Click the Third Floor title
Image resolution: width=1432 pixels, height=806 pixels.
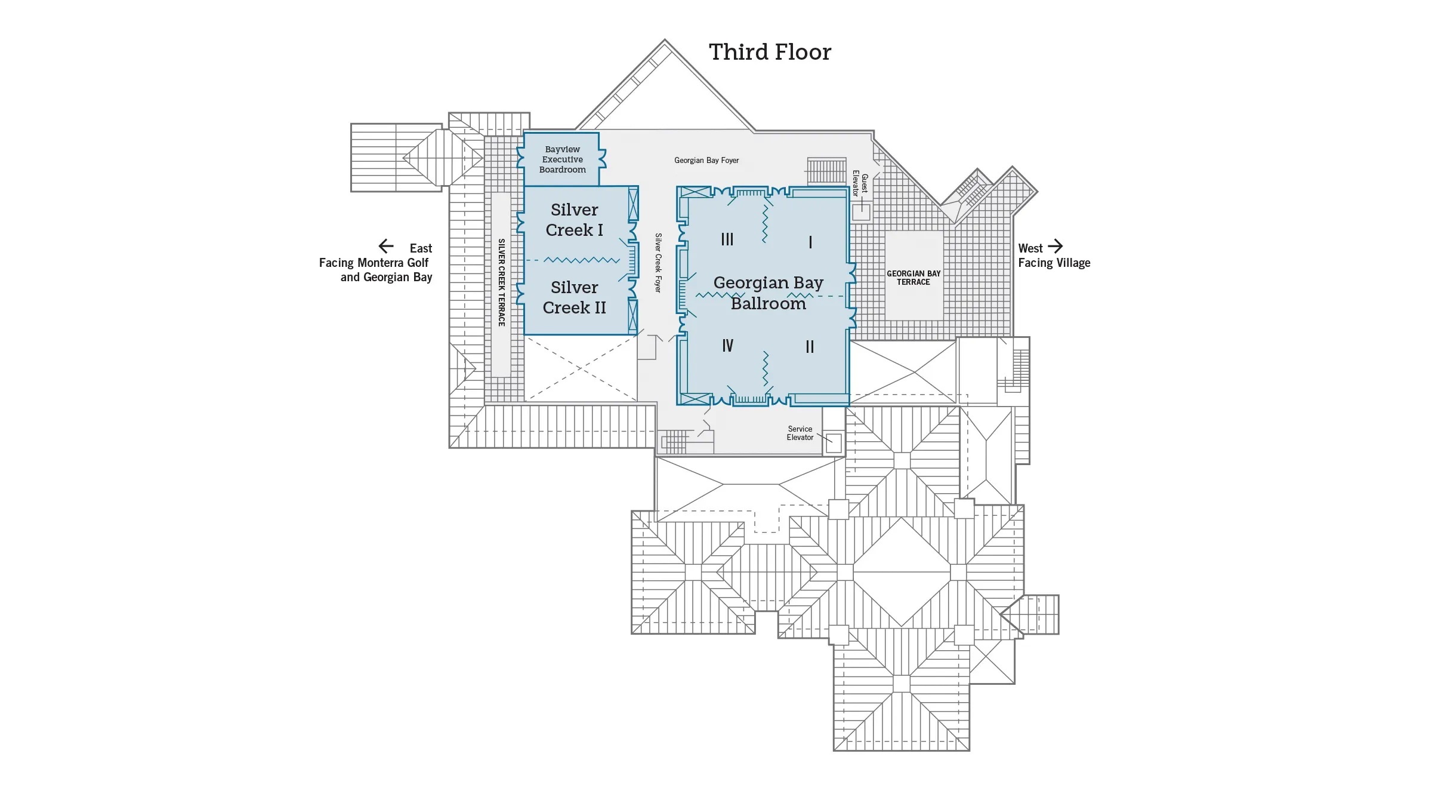coord(770,53)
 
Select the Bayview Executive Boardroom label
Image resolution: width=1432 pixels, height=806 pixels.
coord(562,159)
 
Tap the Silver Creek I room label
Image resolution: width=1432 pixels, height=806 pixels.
coord(574,220)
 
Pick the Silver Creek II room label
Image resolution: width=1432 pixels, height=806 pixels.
coord(574,297)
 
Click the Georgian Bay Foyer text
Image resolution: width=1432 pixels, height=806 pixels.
coord(706,161)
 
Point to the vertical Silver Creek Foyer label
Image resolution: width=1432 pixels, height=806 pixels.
coord(658,263)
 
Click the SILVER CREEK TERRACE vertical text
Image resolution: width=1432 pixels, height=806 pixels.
coord(501,282)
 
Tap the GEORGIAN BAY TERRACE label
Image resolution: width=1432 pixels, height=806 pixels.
coord(913,278)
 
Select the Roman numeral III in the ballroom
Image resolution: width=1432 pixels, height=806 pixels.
coord(727,239)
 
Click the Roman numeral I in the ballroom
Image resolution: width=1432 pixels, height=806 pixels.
coord(810,242)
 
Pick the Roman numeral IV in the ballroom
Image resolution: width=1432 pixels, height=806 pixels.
coord(727,346)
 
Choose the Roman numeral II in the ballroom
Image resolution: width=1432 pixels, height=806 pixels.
coord(810,347)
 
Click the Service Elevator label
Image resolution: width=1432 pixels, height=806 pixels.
coord(800,433)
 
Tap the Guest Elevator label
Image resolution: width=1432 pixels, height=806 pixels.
coord(860,184)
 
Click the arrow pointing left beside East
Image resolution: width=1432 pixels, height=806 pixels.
coord(386,246)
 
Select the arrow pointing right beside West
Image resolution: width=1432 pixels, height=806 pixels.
coord(1056,246)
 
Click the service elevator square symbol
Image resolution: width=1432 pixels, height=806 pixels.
coord(834,443)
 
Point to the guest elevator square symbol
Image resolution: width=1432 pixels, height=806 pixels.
coord(861,212)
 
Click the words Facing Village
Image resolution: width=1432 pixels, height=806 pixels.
coord(1054,263)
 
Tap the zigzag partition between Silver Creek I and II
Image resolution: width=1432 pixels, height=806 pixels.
coord(581,260)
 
